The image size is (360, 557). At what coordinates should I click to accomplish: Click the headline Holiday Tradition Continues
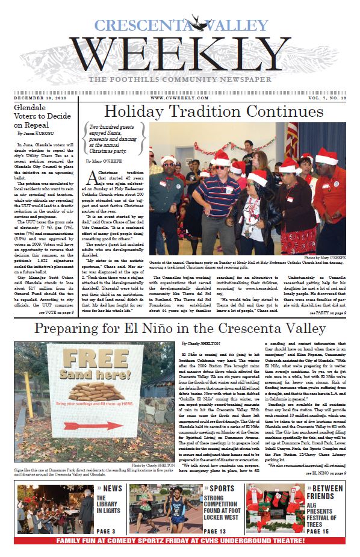(x=213, y=112)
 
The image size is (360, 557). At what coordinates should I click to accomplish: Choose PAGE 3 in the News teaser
(x=106, y=531)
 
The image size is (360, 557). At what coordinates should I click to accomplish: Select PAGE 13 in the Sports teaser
(x=215, y=531)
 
